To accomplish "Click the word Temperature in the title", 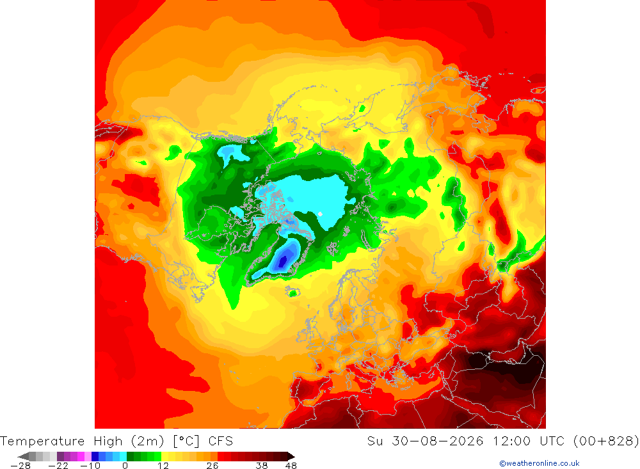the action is pos(42,441).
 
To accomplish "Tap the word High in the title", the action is pos(108,441).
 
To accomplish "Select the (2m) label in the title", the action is pos(148,441).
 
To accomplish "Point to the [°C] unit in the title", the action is pos(186,441).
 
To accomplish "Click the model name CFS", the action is pos(220,441).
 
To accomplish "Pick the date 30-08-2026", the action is pos(438,441).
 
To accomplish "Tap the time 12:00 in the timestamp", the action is pos(511,441).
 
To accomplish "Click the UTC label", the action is pos(552,441).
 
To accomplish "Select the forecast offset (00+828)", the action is pos(606,441).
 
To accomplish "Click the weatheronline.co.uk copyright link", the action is pos(539,463).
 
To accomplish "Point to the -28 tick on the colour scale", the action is pos(20,466).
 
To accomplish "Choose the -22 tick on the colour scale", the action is pos(58,466).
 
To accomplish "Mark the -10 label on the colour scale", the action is pos(90,466).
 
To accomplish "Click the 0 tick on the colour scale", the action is pos(125,466).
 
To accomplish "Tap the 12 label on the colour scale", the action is pos(163,466).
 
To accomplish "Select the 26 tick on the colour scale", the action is pos(212,466).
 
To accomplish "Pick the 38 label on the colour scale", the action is pos(262,466).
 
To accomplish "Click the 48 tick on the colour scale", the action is pos(291,466).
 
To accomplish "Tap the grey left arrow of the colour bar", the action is pos(24,456).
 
